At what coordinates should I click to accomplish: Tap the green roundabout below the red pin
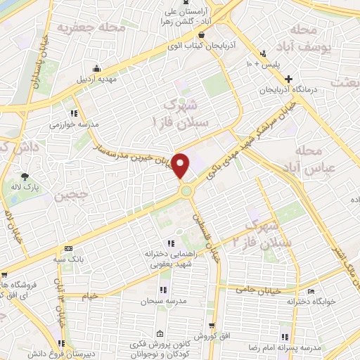[x=186, y=191]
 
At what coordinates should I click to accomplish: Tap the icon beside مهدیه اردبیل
[x=96, y=69]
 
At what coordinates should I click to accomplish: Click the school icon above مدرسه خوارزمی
[x=74, y=112]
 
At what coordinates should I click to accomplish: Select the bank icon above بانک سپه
[x=67, y=248]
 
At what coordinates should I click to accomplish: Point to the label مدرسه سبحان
[x=163, y=301]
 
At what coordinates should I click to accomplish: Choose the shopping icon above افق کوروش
[x=212, y=326]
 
